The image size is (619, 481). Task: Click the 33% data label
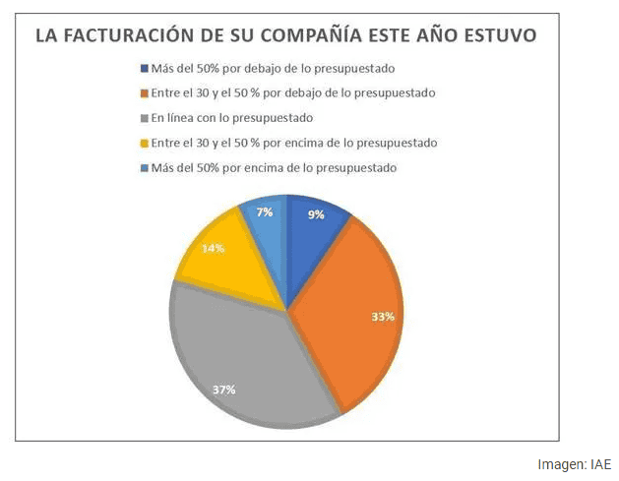383,317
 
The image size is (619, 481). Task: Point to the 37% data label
223,390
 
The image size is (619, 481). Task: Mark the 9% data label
316,214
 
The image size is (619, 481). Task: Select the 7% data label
264,212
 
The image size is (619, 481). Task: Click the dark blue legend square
144,69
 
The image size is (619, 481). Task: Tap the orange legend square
144,93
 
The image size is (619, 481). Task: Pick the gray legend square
144,118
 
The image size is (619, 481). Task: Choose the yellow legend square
144,143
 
